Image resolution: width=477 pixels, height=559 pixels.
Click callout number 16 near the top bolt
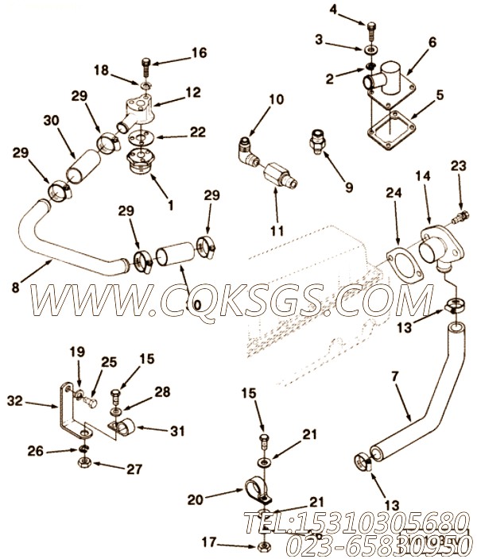click(x=199, y=52)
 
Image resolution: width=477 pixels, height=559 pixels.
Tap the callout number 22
click(x=199, y=132)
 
